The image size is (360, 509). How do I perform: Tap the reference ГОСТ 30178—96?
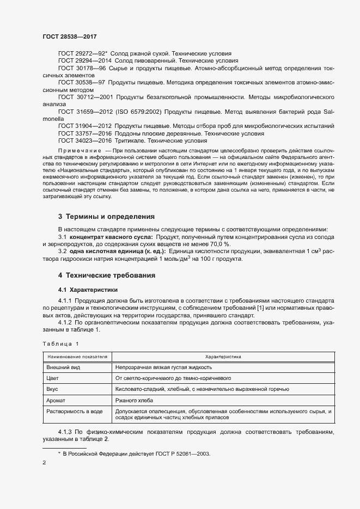click(x=82, y=68)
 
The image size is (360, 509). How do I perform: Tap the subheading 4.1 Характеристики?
click(x=87, y=289)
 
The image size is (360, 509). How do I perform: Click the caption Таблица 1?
click(x=60, y=344)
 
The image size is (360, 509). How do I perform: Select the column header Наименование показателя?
click(x=77, y=356)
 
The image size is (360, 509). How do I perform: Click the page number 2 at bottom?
click(x=44, y=463)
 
